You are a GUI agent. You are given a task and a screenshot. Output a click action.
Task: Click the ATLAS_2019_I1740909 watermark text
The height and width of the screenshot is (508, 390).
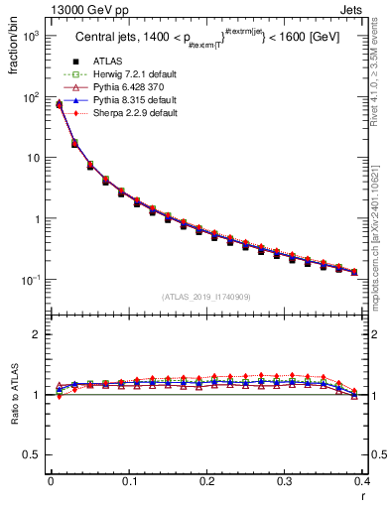tap(205, 297)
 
